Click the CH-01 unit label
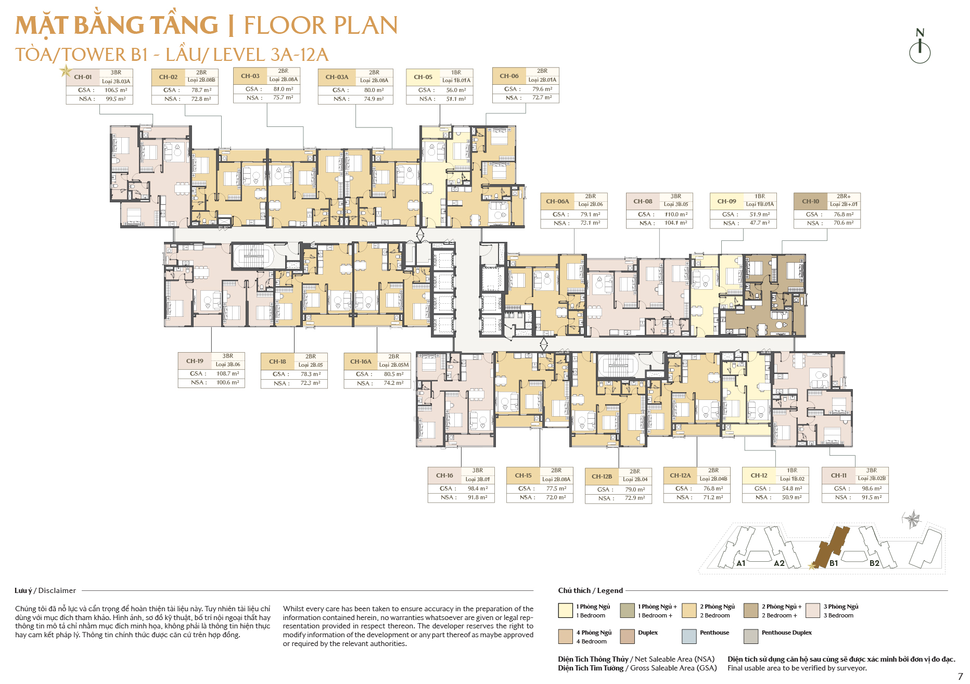(83, 77)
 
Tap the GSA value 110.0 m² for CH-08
(676, 214)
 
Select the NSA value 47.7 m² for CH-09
(760, 223)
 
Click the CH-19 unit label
(195, 361)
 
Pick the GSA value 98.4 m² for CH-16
(478, 488)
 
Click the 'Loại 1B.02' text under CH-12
(792, 479)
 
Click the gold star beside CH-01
(66, 70)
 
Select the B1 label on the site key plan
(834, 563)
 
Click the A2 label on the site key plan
(779, 563)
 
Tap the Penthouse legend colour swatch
(689, 636)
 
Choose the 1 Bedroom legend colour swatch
(565, 610)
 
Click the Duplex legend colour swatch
(627, 636)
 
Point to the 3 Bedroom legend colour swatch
(812, 610)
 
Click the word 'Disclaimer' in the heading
(57, 590)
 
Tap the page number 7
(960, 676)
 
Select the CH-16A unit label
(361, 362)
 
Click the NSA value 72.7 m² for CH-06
(542, 97)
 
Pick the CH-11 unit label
(838, 475)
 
